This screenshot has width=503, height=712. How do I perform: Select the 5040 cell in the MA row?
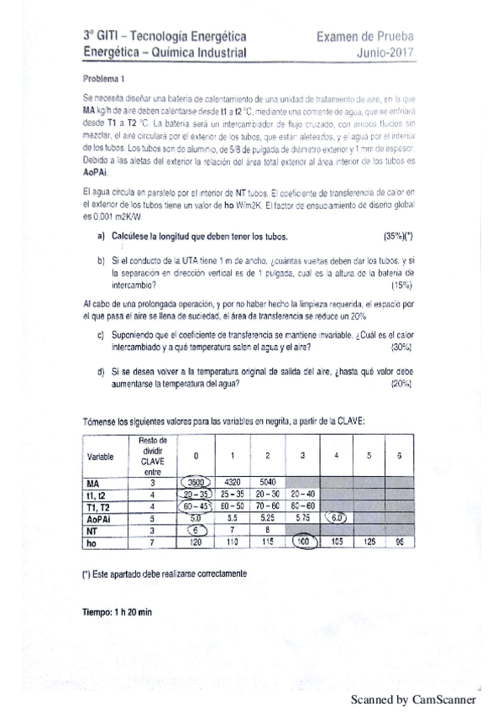(267, 483)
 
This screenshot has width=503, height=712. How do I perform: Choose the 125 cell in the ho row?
(367, 544)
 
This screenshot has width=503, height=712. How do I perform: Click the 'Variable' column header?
(102, 456)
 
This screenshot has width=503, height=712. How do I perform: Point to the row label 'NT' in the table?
(92, 531)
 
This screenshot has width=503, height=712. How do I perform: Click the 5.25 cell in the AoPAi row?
(267, 519)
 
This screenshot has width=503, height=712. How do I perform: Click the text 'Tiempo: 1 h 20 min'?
(118, 612)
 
